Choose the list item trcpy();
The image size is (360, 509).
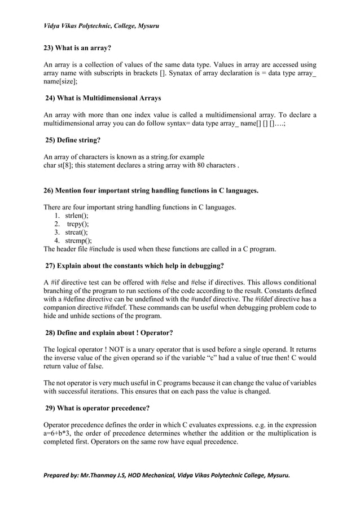[x=77, y=223]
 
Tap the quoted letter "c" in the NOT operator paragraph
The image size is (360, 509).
[x=217, y=358]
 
